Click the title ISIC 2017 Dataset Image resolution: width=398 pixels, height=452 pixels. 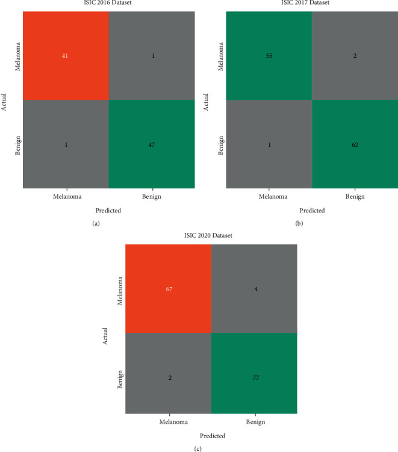tap(312, 4)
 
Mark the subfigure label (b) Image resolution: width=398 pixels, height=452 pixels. tap(299, 223)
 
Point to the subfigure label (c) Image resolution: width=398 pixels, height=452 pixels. tap(198, 448)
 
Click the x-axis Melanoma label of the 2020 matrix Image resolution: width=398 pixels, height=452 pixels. tap(168, 423)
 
